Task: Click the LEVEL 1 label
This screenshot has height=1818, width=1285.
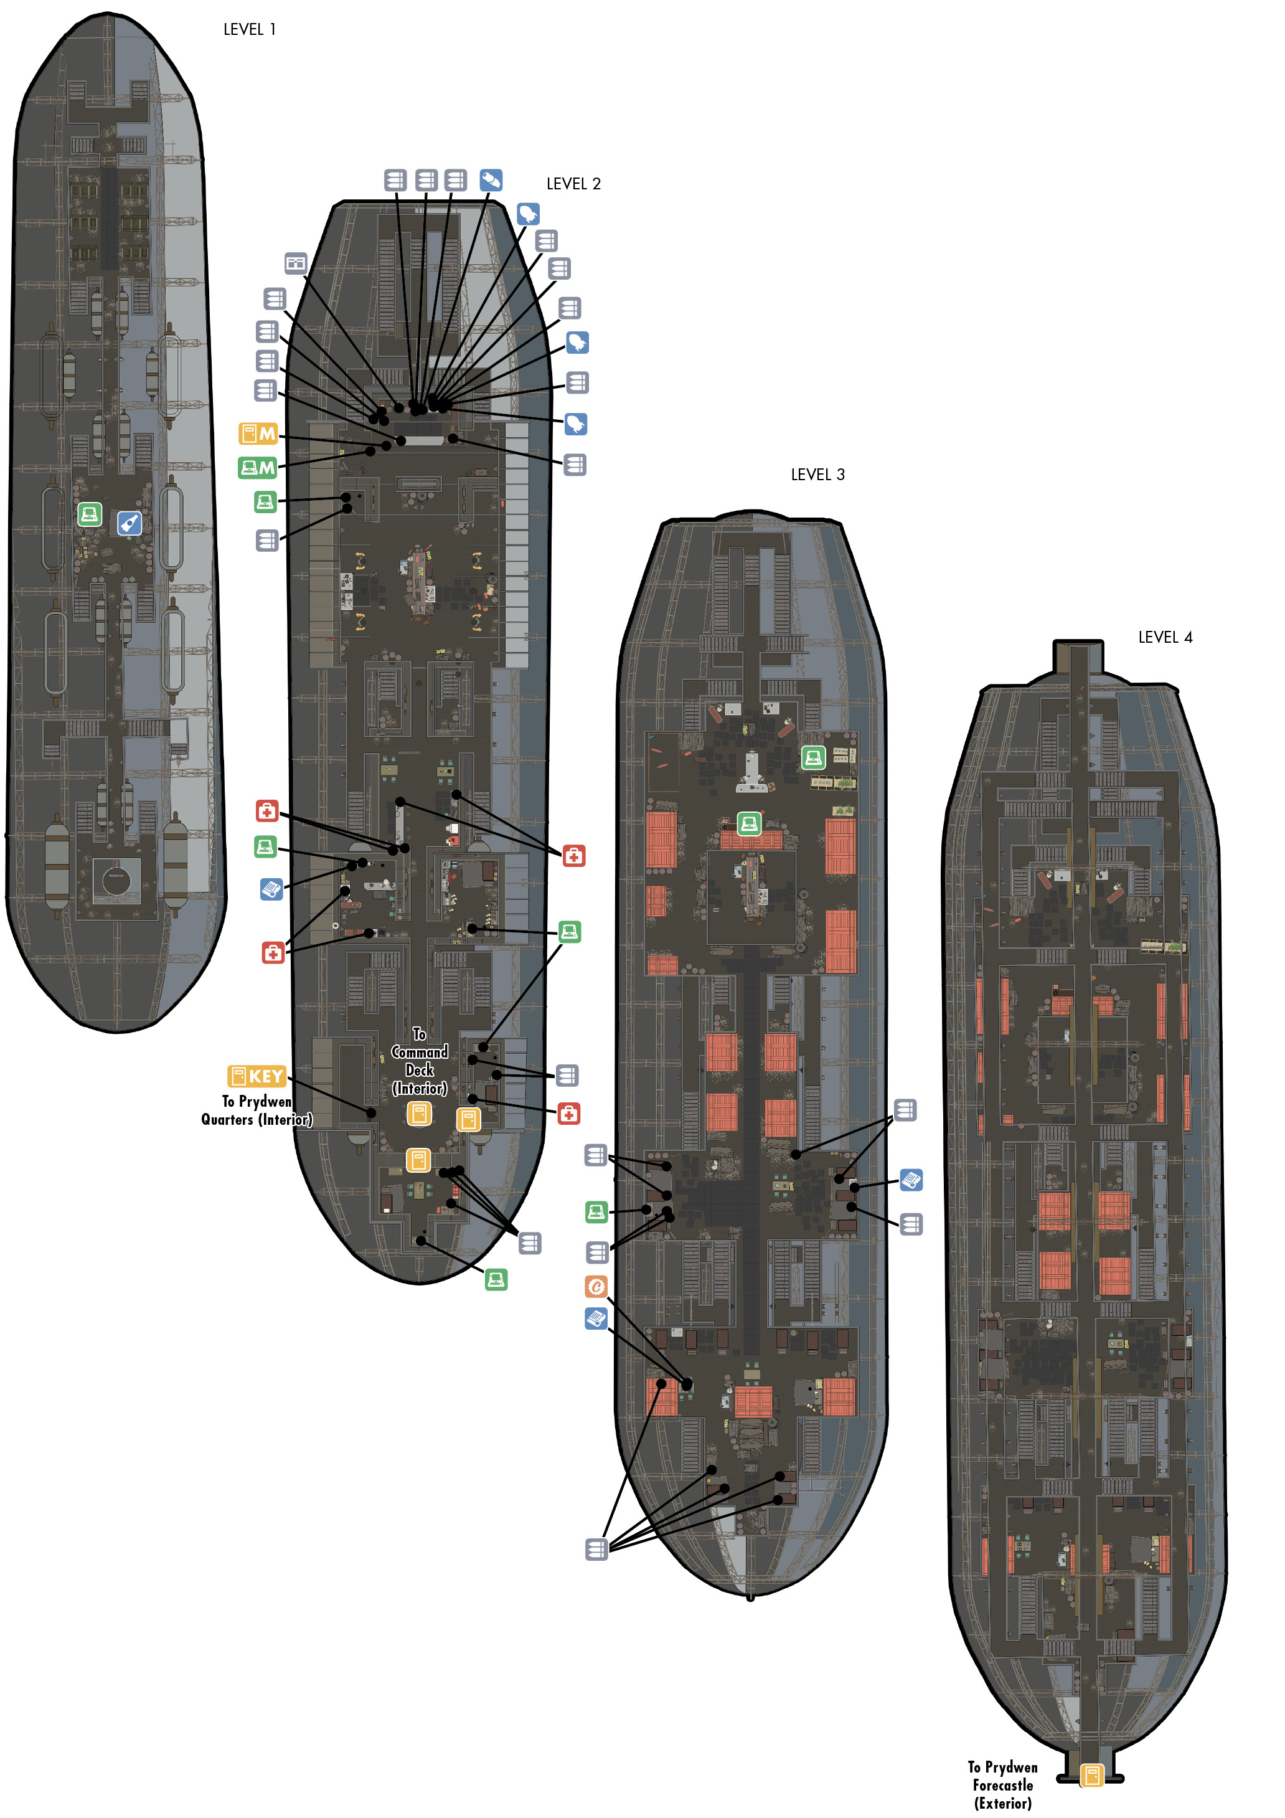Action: click(x=250, y=29)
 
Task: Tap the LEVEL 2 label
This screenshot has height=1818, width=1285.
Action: click(x=573, y=184)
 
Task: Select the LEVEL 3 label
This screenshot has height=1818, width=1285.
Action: click(x=818, y=475)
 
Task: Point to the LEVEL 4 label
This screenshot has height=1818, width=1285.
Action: click(x=1165, y=637)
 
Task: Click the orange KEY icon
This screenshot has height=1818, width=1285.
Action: click(x=257, y=1076)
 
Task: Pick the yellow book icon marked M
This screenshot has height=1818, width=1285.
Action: click(x=258, y=433)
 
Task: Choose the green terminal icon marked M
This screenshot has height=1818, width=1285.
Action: click(x=257, y=468)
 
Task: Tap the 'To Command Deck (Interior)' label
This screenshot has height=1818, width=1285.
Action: click(x=420, y=1061)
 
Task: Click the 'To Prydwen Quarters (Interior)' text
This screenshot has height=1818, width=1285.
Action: click(x=257, y=1110)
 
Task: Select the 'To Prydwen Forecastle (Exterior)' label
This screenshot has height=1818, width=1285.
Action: click(x=1002, y=1785)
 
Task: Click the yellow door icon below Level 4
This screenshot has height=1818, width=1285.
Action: click(x=1092, y=1774)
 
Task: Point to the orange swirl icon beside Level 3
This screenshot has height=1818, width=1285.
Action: click(x=596, y=1287)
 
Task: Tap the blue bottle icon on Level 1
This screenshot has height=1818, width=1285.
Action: click(x=129, y=523)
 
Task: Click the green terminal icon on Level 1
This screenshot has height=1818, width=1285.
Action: click(x=90, y=514)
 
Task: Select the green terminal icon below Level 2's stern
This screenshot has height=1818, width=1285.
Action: click(x=496, y=1279)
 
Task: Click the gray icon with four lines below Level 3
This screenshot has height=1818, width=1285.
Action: click(x=596, y=1549)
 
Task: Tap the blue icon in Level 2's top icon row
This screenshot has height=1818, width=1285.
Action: click(x=491, y=180)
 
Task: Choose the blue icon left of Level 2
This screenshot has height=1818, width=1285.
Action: click(x=271, y=889)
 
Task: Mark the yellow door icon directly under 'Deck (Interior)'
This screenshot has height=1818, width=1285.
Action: click(x=419, y=1114)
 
